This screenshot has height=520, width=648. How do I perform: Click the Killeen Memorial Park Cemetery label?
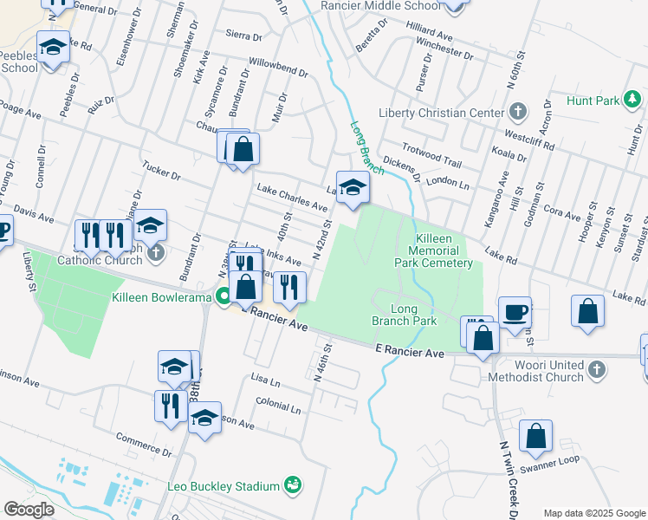coord(444,250)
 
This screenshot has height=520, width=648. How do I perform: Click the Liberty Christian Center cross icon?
coord(517,113)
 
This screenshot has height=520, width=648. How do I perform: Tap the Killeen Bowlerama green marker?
coord(224,297)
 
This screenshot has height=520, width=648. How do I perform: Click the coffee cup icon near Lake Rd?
coord(515,313)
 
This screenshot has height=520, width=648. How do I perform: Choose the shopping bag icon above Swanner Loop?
coord(536,438)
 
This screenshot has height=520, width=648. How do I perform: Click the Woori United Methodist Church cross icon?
coord(596,370)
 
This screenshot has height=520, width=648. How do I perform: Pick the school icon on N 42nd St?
coord(353,188)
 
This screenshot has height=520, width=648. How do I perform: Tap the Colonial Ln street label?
coord(278,405)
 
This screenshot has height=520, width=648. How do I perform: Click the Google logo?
coord(29,510)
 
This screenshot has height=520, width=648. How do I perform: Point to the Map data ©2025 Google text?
coord(593,513)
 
